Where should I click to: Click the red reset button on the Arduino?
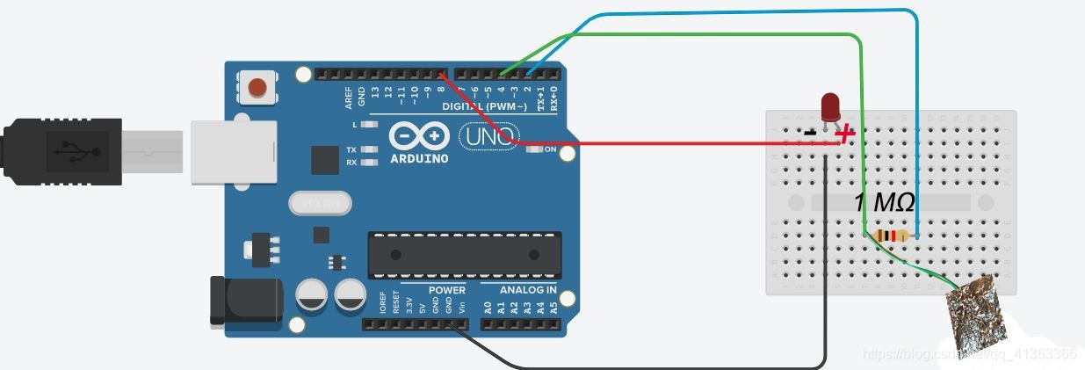click(x=257, y=87)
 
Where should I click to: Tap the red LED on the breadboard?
click(x=829, y=108)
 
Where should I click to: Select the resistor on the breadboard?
click(x=892, y=236)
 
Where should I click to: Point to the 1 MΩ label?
click(x=884, y=204)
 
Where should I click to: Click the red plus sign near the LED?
click(x=845, y=134)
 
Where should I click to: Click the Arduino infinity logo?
click(x=419, y=136)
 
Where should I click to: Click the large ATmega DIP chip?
click(x=464, y=252)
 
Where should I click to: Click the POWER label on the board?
click(x=446, y=290)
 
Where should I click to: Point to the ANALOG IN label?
click(x=528, y=290)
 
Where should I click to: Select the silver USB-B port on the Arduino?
click(x=234, y=152)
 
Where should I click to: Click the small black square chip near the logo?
click(x=324, y=160)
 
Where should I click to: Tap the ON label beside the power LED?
click(x=551, y=149)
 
